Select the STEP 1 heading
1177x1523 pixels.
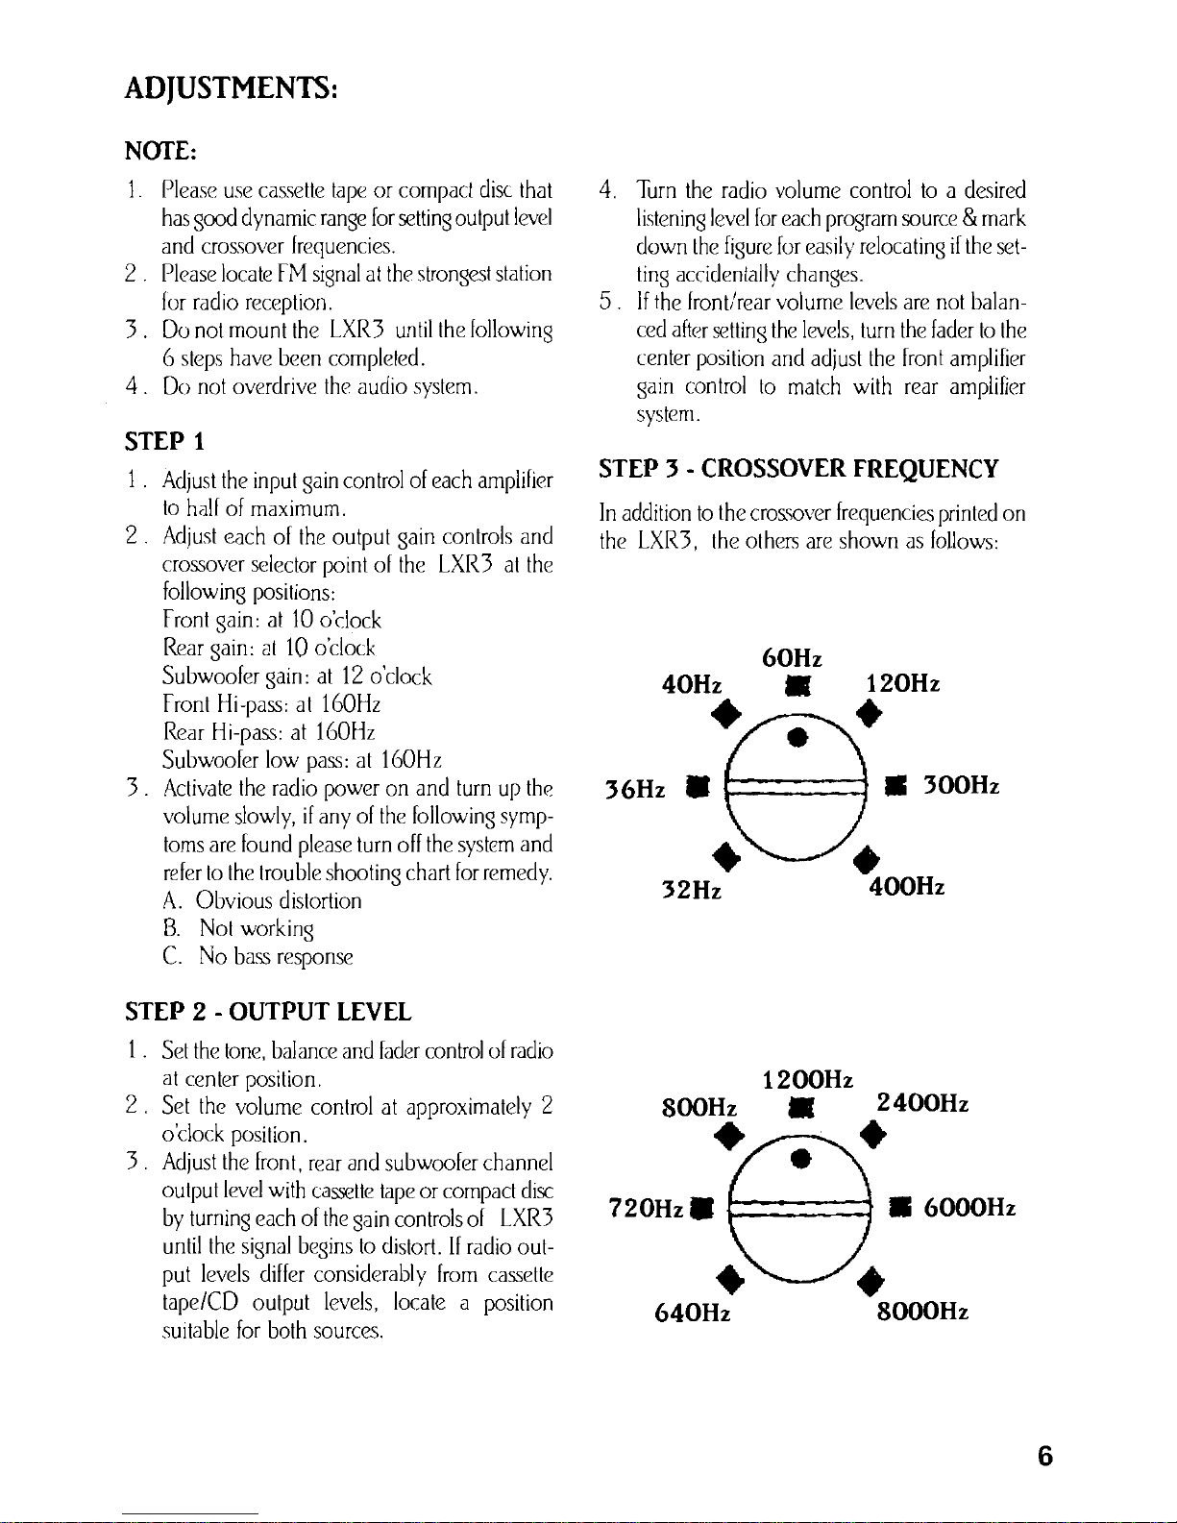pos(164,443)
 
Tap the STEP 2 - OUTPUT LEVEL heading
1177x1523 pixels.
pos(268,1012)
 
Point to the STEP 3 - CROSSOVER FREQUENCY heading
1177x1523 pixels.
pos(798,469)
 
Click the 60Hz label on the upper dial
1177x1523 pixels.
pos(791,658)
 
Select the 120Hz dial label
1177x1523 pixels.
pos(902,683)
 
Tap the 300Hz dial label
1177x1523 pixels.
pos(962,786)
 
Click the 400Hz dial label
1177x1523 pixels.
pos(906,888)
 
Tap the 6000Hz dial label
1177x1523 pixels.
pos(969,1208)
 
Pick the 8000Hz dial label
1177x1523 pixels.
pos(920,1312)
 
